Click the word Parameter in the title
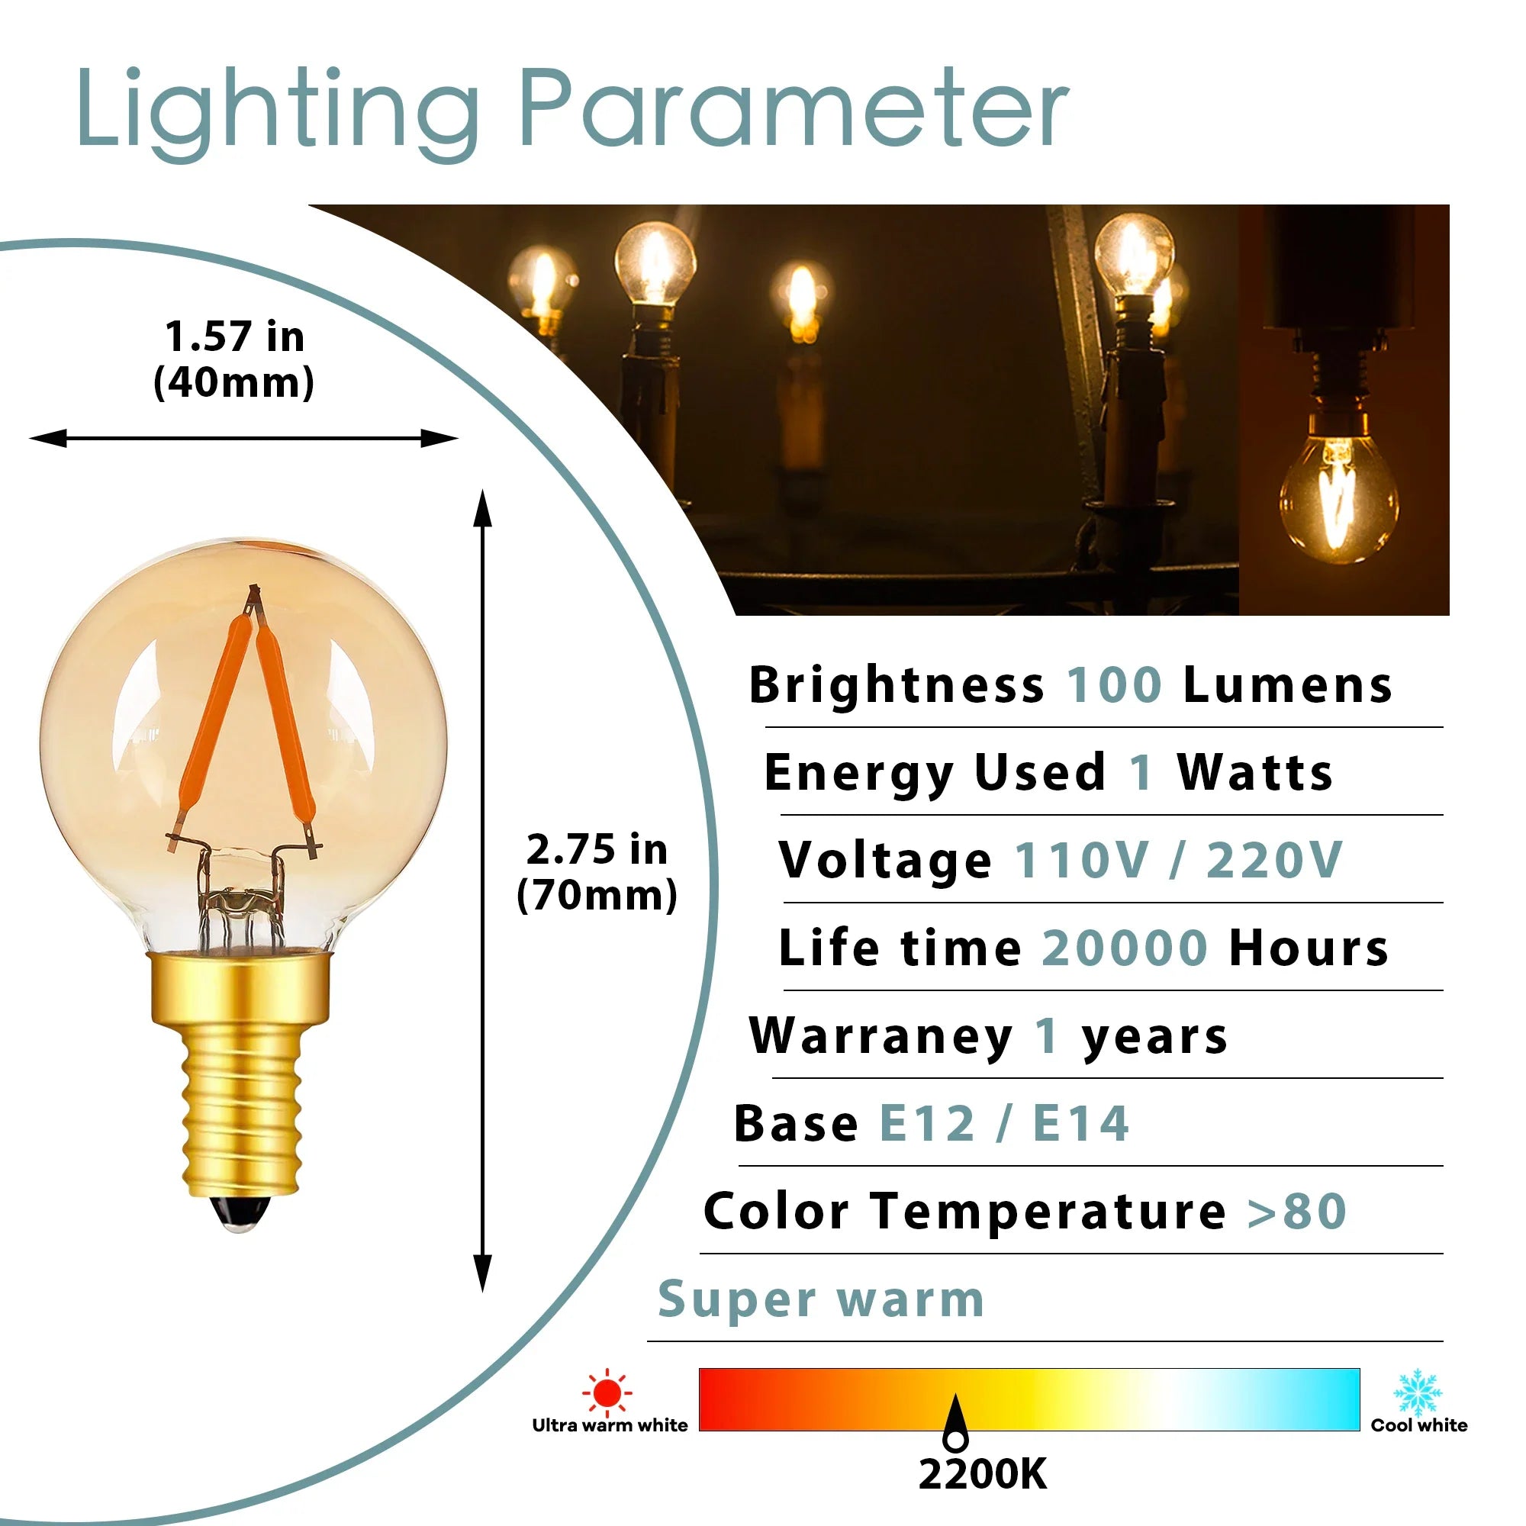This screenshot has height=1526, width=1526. [793, 108]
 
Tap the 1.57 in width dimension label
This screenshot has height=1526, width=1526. [233, 359]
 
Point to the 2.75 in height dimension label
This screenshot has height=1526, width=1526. [597, 872]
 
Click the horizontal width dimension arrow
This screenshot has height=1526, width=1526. [243, 439]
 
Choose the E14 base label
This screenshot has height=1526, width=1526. [1081, 1123]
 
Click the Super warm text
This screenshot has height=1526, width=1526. [822, 1299]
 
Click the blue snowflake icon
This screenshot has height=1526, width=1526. [1418, 1392]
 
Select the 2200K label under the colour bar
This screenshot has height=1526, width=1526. [983, 1474]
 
